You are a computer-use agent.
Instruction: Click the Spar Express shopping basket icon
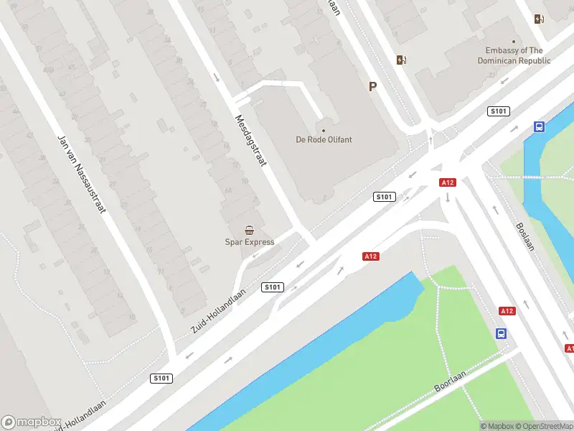pos(249,231)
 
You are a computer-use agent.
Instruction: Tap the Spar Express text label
pos(250,242)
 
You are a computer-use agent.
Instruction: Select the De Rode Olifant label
pos(324,139)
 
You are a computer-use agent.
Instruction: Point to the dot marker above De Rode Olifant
pos(324,130)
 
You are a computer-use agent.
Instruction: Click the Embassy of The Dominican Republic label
pos(514,55)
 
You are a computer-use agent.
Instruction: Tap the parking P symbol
pos(372,86)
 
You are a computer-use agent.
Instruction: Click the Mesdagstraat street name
pos(250,141)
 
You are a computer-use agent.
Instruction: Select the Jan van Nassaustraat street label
pos(81,175)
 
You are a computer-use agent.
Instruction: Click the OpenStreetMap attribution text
pos(542,426)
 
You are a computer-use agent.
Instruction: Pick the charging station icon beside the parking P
pos(400,60)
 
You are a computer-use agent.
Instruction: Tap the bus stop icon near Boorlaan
pos(501,334)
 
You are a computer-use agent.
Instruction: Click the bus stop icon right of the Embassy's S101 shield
pos(539,127)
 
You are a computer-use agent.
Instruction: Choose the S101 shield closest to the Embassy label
pos(498,111)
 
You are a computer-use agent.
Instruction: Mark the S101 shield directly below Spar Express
pos(273,287)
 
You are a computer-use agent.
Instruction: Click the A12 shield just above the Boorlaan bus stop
pos(507,310)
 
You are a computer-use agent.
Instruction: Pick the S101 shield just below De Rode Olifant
pos(385,197)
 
